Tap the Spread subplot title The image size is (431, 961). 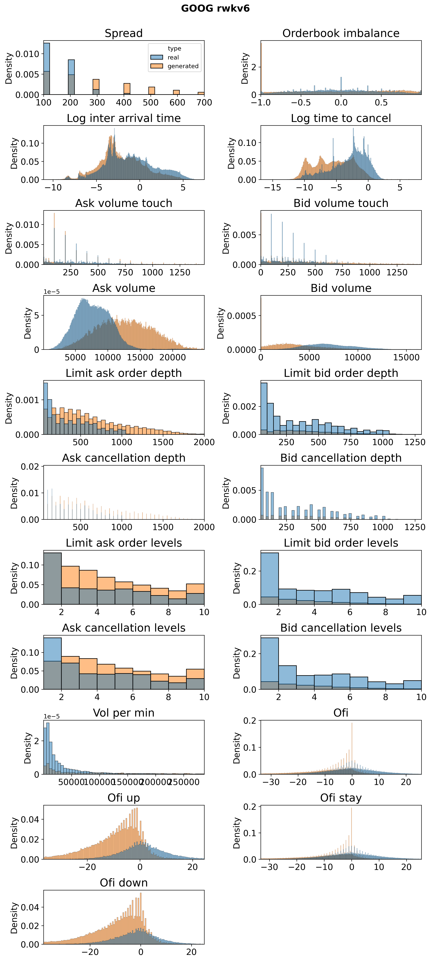124,33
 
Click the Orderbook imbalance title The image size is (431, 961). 341,33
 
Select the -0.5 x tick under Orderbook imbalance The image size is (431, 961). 301,103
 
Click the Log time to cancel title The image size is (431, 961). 341,118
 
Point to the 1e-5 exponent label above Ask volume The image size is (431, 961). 52,292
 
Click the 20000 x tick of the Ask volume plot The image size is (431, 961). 173,357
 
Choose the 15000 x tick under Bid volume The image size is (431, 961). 406,357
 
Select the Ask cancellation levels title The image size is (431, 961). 124,628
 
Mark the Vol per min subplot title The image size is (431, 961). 124,713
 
